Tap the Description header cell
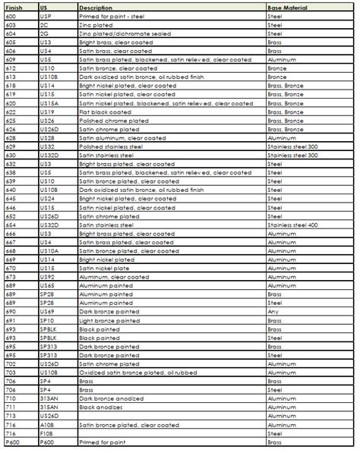point(96,7)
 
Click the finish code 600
point(11,15)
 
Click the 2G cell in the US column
point(44,33)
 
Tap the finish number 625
point(11,120)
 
